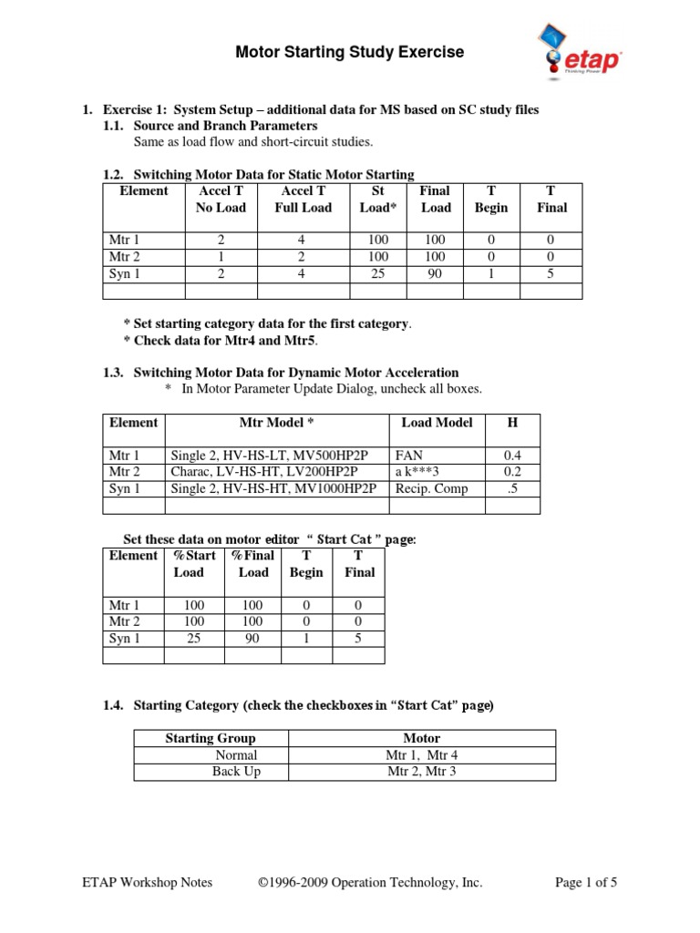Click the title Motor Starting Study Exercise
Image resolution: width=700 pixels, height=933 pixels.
coord(350,53)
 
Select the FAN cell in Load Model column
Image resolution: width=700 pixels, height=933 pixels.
coord(408,454)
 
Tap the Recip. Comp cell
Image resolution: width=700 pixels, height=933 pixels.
coord(431,488)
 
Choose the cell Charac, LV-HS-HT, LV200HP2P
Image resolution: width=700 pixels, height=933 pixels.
coord(263,471)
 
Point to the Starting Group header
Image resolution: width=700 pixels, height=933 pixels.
coord(210,738)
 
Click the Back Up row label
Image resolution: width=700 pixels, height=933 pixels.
coord(236,772)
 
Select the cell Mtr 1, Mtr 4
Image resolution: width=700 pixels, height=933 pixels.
coord(420,755)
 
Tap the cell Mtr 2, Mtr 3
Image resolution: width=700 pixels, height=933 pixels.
coord(420,772)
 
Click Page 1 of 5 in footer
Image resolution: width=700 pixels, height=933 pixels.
coord(586,882)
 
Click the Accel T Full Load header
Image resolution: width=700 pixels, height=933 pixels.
coord(304,200)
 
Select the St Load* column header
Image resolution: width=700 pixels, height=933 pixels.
coord(379,200)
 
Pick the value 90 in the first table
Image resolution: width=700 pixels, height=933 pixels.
coord(435,273)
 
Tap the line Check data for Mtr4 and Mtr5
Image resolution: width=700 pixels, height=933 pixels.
coord(221,341)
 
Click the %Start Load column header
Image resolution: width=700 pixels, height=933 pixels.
coord(194,564)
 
